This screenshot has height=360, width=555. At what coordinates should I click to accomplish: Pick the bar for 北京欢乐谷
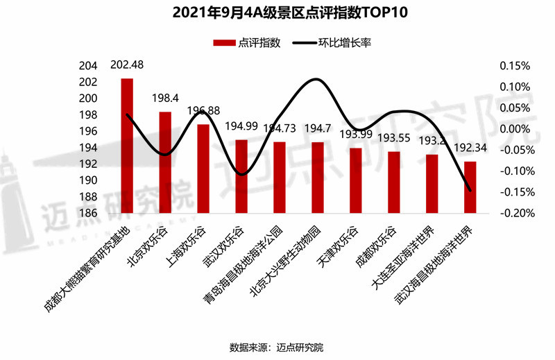[165, 162]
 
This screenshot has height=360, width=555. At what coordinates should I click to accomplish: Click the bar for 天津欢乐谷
[355, 180]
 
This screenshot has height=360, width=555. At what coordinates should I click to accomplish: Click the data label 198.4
[165, 98]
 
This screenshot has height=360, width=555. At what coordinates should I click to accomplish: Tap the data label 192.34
[470, 148]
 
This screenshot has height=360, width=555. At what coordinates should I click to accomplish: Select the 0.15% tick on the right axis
[514, 67]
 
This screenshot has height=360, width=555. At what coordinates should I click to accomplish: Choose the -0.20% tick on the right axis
[513, 213]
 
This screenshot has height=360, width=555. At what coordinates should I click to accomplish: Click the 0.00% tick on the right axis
[514, 129]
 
